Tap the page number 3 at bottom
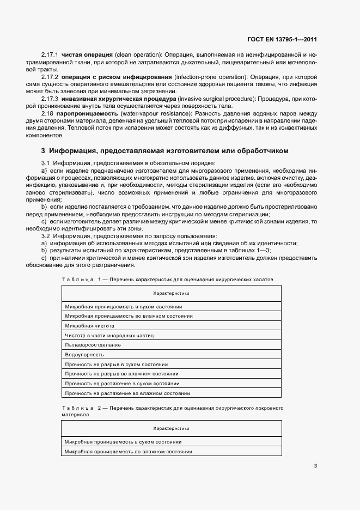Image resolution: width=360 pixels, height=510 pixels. coord(315,466)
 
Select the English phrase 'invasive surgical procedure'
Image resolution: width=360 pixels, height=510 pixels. coord(224,99)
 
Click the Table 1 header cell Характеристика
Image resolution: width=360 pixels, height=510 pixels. coord(171,293)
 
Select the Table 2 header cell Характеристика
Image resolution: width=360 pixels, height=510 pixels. coord(171,428)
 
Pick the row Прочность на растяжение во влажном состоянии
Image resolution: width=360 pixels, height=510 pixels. coord(127,393)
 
